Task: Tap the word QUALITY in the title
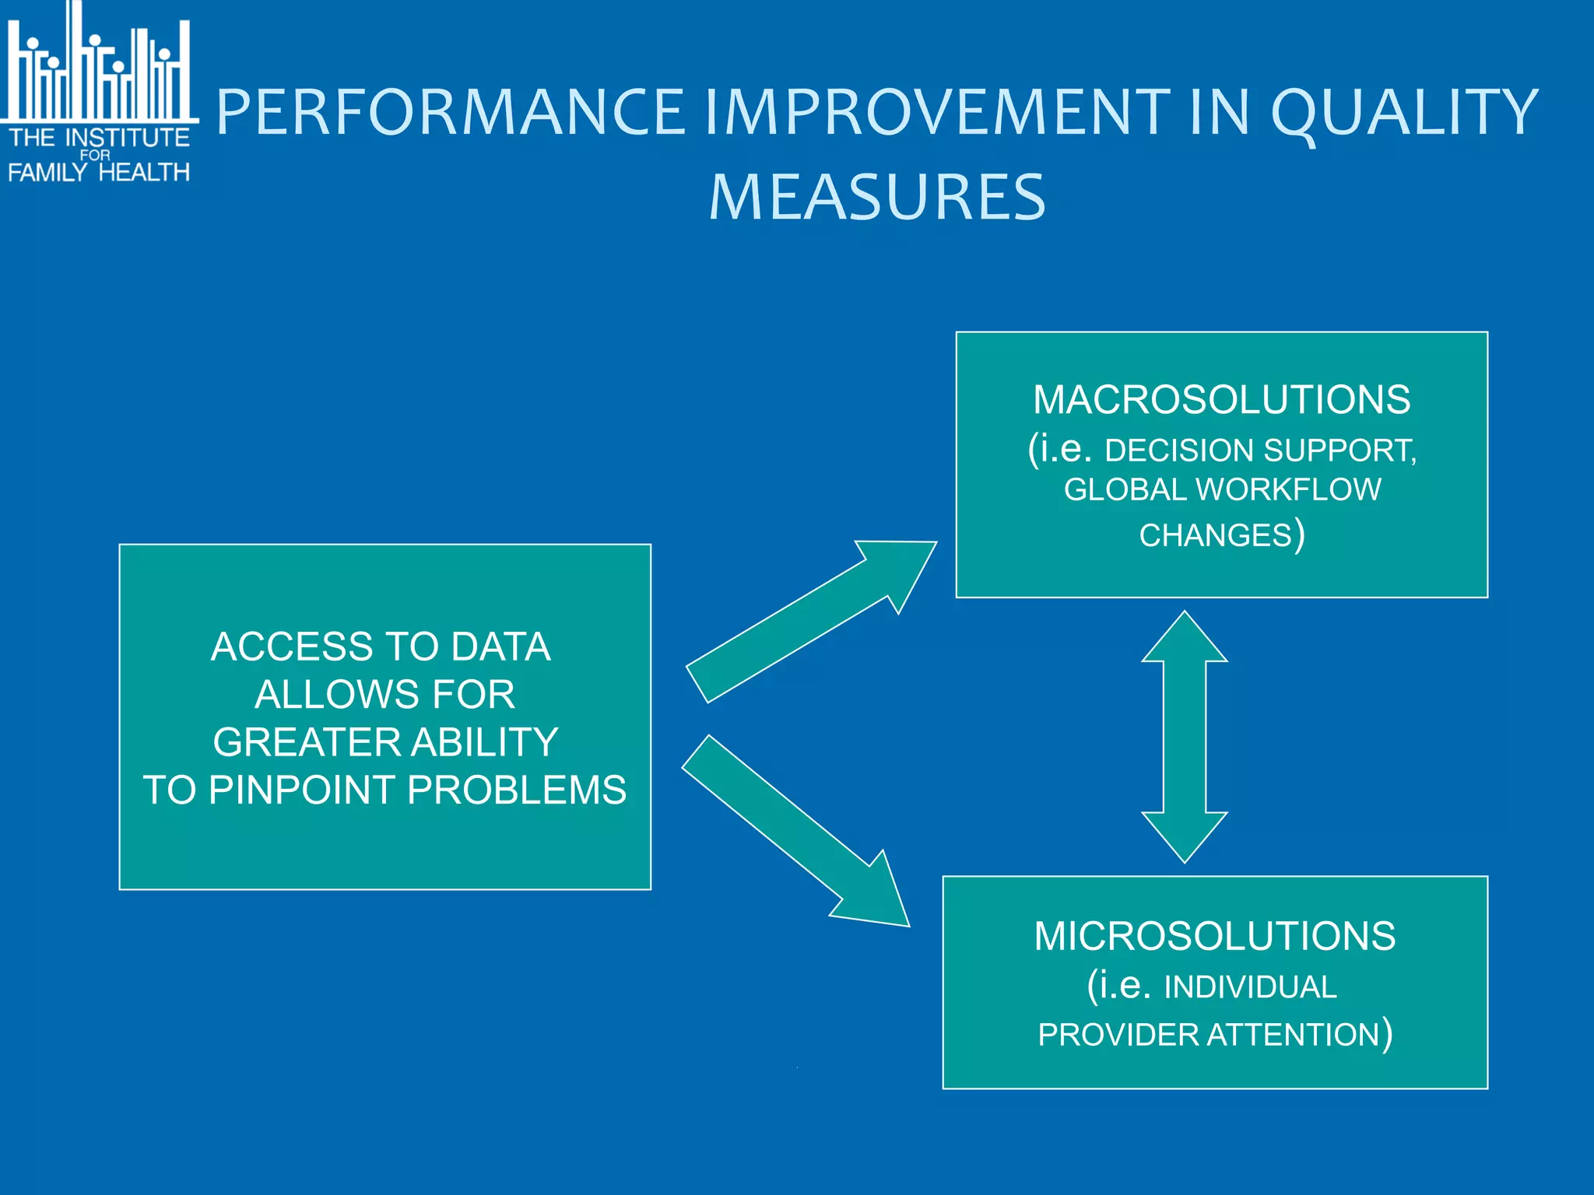(1405, 112)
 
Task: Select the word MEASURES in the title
(877, 197)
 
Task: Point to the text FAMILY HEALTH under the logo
(99, 172)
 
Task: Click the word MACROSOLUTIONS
(1221, 400)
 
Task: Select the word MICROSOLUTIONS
(1214, 936)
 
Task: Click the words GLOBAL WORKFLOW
(1222, 490)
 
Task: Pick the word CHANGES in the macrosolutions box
(1215, 536)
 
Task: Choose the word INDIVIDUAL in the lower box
(1250, 987)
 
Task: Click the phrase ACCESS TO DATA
(381, 647)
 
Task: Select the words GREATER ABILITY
(385, 742)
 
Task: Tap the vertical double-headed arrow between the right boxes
(1184, 737)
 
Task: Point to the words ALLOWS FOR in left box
(384, 695)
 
